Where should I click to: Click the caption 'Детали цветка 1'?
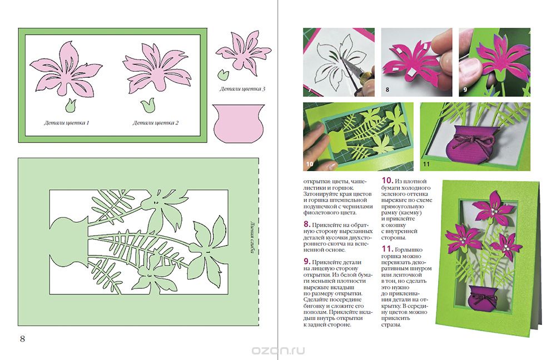coord(66,123)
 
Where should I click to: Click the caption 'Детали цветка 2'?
coord(155,123)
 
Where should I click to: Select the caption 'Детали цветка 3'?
coord(242,89)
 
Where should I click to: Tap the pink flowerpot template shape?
coord(239,123)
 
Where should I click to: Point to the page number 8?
coord(22,339)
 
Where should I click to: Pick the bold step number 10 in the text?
coord(387,181)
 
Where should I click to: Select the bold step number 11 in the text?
coord(387,249)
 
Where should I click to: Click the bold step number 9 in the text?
coord(307,262)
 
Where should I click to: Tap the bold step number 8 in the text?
coord(307,224)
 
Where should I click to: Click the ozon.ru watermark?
coord(279,351)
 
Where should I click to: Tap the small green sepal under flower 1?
coord(71,105)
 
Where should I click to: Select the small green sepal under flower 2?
coord(147,105)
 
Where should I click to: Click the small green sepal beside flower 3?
coord(222,74)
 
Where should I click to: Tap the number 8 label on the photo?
coord(387,89)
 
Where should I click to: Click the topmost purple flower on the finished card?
coord(494,209)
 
